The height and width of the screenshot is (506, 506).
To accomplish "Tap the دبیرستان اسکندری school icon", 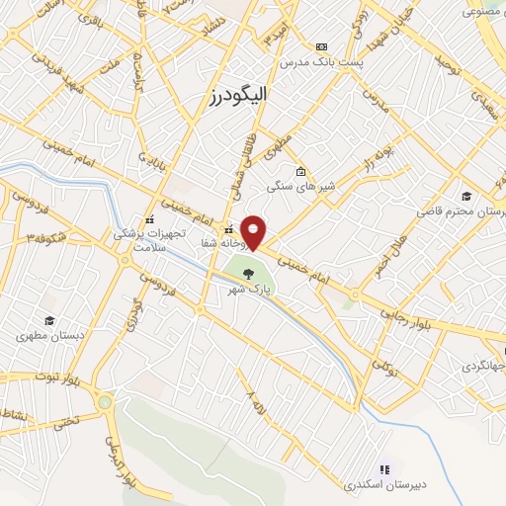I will tap(385, 468).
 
